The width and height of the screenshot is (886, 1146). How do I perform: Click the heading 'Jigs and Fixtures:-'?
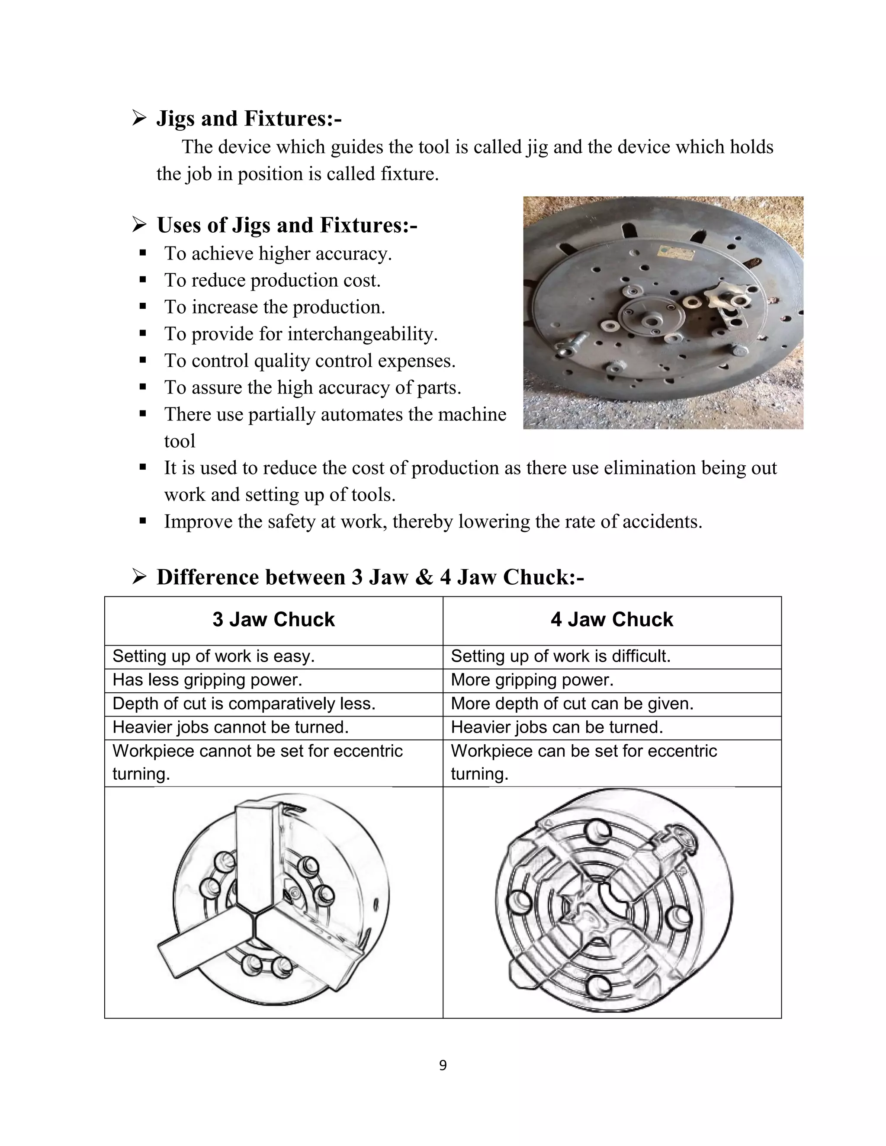[x=249, y=118]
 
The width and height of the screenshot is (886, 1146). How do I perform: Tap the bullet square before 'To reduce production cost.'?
[x=143, y=280]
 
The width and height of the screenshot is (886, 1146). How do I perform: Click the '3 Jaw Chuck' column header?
[x=273, y=620]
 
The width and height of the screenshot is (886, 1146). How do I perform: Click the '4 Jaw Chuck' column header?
[x=611, y=620]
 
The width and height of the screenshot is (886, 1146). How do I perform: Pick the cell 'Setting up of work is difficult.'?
[x=561, y=656]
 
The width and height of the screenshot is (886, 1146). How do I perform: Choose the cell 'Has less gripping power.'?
[x=207, y=680]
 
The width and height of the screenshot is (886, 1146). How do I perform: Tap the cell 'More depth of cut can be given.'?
[x=572, y=704]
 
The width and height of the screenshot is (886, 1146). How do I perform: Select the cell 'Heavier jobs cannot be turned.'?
[x=231, y=727]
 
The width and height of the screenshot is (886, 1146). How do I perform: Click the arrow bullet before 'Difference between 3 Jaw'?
[x=139, y=578]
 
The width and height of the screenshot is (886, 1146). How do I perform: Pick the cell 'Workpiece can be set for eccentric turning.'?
[x=584, y=762]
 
